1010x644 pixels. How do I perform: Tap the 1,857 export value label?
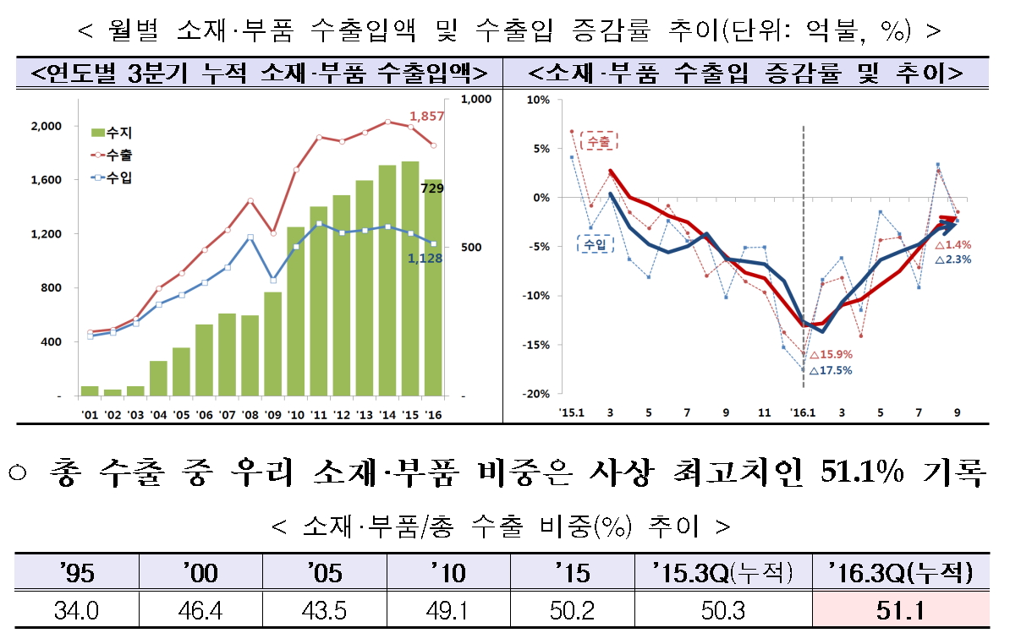[x=425, y=115]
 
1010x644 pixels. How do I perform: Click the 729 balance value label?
[x=432, y=192]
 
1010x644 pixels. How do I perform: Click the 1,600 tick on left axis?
[x=47, y=180]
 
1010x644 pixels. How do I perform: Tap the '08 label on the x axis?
[x=250, y=414]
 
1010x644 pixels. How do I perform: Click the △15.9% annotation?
[x=832, y=355]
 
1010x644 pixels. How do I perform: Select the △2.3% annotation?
[x=953, y=259]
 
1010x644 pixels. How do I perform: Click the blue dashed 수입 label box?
[x=596, y=244]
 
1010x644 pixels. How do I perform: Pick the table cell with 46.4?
[x=200, y=610]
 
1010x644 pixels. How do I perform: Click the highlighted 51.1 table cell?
[x=900, y=610]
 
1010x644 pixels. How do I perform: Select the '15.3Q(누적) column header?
[x=723, y=574]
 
